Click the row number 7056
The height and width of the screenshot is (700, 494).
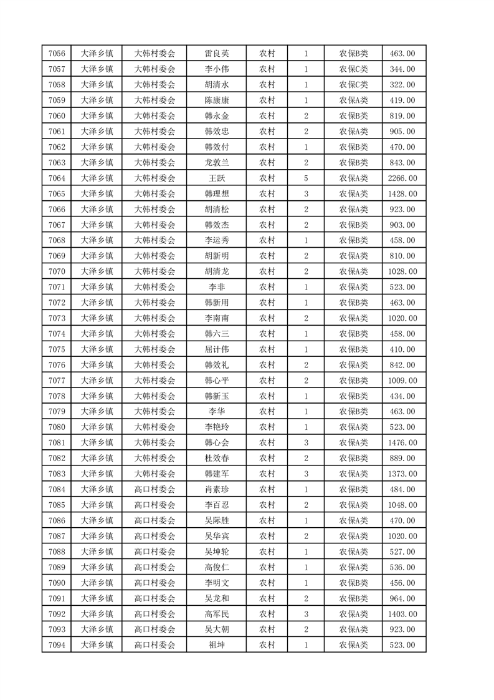pyautogui.click(x=57, y=53)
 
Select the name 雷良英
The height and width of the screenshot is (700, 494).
pyautogui.click(x=217, y=53)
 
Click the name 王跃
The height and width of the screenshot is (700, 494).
pyautogui.click(x=217, y=178)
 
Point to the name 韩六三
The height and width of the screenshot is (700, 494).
pyautogui.click(x=217, y=334)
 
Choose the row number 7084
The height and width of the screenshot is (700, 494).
pyautogui.click(x=57, y=490)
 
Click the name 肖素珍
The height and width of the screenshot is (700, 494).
pyautogui.click(x=217, y=490)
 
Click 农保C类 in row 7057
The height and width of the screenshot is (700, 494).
pyautogui.click(x=353, y=69)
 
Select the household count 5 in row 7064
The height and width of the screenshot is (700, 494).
pyautogui.click(x=306, y=178)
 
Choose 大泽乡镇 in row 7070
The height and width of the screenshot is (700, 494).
pyautogui.click(x=97, y=271)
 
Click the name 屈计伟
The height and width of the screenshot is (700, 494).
pyautogui.click(x=217, y=349)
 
